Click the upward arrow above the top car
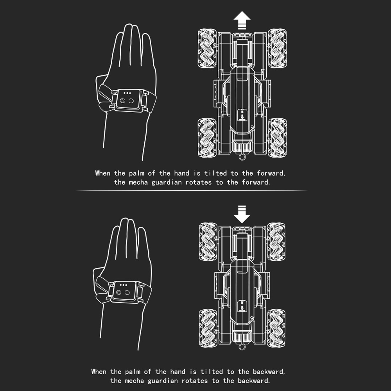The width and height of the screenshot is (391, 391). point(242,20)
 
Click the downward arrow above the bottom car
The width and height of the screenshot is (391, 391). point(242,214)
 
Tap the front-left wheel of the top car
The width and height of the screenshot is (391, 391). point(207,48)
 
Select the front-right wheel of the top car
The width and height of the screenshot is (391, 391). point(277,48)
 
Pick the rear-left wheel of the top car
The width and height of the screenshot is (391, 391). point(207,138)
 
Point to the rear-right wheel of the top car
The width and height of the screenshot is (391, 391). point(277,138)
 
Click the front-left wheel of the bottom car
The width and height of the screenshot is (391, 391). point(208,242)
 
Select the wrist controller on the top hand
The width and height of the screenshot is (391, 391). point(128,99)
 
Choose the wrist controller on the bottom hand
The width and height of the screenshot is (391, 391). point(125,292)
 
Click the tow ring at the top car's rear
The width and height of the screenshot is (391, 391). point(242,157)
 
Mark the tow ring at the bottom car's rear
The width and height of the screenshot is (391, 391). point(242,347)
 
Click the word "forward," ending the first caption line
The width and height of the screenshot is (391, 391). point(271,173)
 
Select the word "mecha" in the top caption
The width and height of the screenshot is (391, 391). point(138,182)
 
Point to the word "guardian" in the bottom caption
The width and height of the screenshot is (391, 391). point(163,381)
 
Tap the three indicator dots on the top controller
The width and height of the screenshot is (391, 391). point(127,93)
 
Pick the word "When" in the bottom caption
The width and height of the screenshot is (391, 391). point(99,372)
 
